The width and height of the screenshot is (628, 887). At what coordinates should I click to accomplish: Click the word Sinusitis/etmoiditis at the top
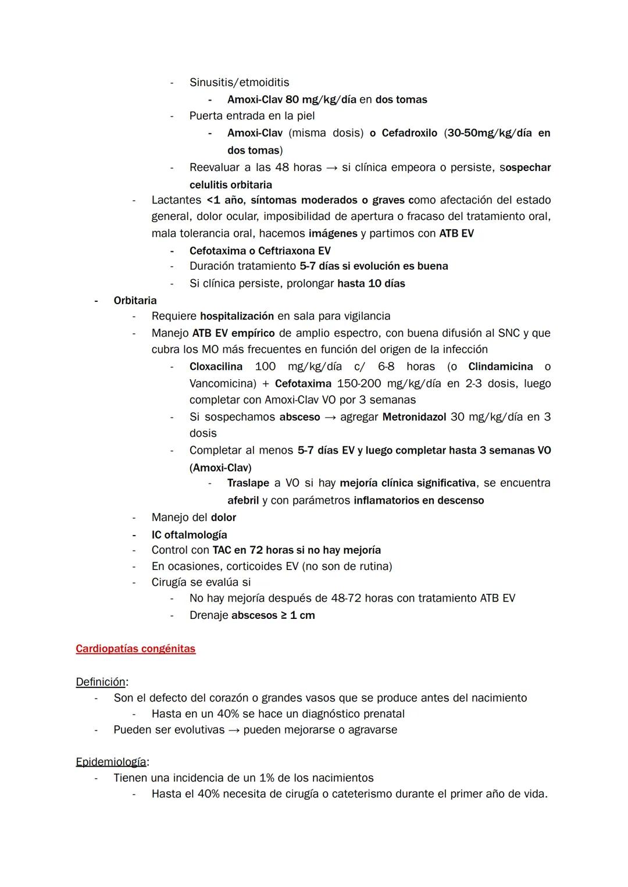pyautogui.click(x=239, y=83)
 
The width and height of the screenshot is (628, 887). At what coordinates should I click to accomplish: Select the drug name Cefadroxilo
pyautogui.click(x=409, y=133)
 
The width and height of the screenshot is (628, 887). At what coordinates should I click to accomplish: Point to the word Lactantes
pyautogui.click(x=176, y=200)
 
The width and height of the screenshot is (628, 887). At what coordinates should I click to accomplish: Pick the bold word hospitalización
pyautogui.click(x=237, y=316)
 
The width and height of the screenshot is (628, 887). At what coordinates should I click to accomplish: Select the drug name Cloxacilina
pyautogui.click(x=216, y=367)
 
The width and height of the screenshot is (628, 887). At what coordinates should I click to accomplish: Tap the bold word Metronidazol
pyautogui.click(x=414, y=417)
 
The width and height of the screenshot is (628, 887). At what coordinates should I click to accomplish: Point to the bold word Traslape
pyautogui.click(x=248, y=483)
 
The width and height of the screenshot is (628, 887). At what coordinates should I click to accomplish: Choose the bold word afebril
pyautogui.click(x=243, y=501)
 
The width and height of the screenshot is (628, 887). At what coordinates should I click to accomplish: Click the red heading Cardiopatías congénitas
pyautogui.click(x=135, y=649)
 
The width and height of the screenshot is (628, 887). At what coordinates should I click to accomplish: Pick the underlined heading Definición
pyautogui.click(x=101, y=682)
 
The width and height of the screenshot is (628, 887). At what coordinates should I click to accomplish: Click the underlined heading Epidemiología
pyautogui.click(x=111, y=762)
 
